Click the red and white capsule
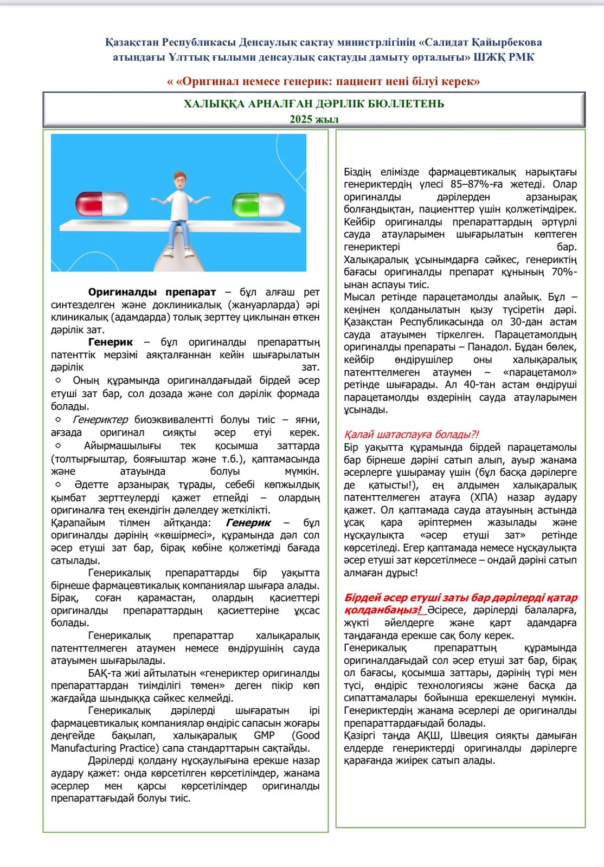point(102,204)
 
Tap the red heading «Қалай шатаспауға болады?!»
point(411,434)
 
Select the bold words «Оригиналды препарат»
point(152,292)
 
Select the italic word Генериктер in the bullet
point(100,419)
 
